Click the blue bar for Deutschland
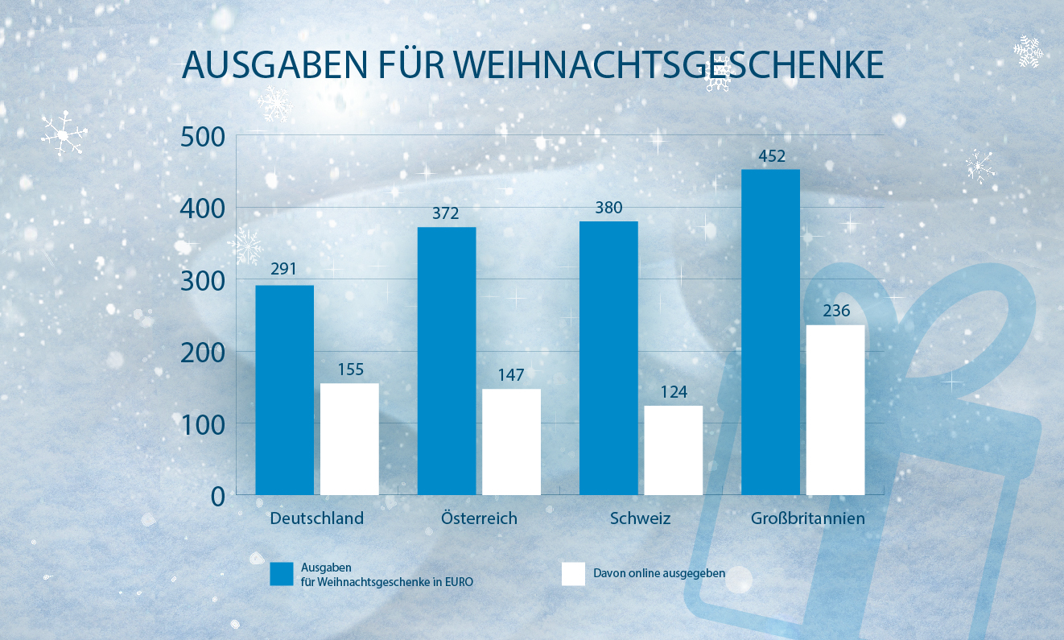(284, 390)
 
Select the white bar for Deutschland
(349, 439)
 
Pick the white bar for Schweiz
(674, 450)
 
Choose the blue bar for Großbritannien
(770, 332)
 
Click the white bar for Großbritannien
(835, 410)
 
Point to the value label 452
(770, 156)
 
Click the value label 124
(674, 392)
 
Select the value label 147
(511, 375)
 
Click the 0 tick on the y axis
(219, 496)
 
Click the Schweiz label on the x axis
(641, 518)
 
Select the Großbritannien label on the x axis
(807, 518)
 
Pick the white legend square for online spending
(572, 574)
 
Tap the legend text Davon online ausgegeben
(659, 574)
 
